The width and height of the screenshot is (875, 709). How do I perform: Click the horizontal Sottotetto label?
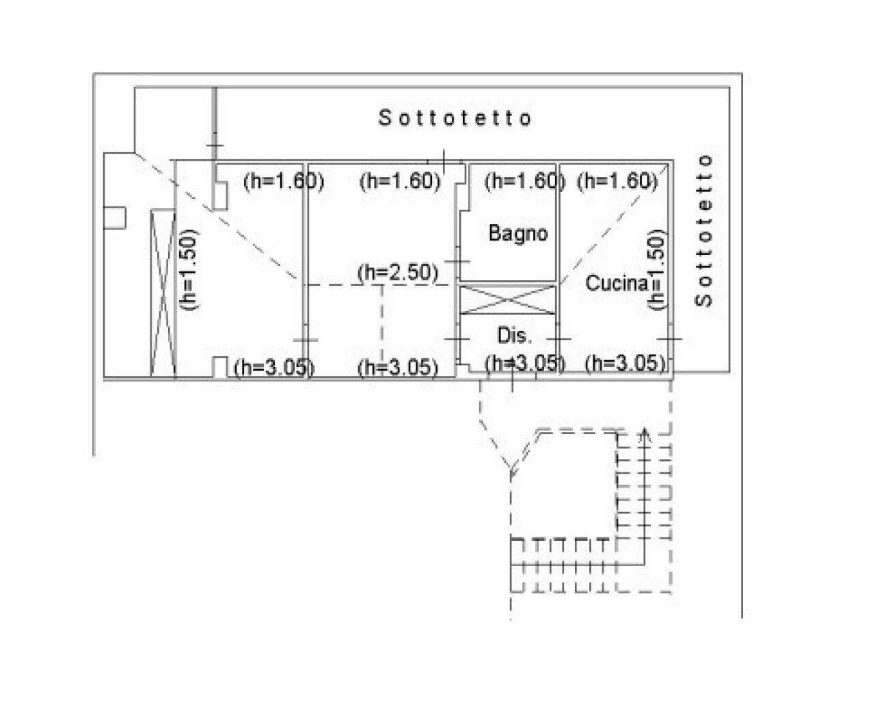[455, 118]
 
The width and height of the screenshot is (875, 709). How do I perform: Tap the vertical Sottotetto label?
[704, 230]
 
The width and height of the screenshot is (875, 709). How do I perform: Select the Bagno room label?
[518, 234]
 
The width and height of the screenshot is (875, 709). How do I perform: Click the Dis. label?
[513, 336]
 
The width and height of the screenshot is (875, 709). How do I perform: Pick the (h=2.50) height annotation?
[398, 272]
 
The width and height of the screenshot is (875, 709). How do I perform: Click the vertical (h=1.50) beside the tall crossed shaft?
[190, 269]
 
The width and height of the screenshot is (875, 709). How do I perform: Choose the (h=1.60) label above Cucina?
[618, 181]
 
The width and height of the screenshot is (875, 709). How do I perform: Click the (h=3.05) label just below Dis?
[525, 364]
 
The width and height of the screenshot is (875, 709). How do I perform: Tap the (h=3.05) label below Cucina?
[625, 363]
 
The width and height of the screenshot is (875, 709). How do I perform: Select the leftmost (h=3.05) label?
[273, 367]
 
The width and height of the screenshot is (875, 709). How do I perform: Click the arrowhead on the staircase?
[643, 434]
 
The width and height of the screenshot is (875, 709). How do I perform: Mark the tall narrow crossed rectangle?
[163, 293]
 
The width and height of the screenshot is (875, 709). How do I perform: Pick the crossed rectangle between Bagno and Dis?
[507, 300]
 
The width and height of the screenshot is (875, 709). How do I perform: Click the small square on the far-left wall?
[115, 217]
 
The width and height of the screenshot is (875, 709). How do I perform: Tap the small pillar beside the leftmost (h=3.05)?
[220, 367]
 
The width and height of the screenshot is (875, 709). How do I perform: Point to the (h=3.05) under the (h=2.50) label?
[398, 367]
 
